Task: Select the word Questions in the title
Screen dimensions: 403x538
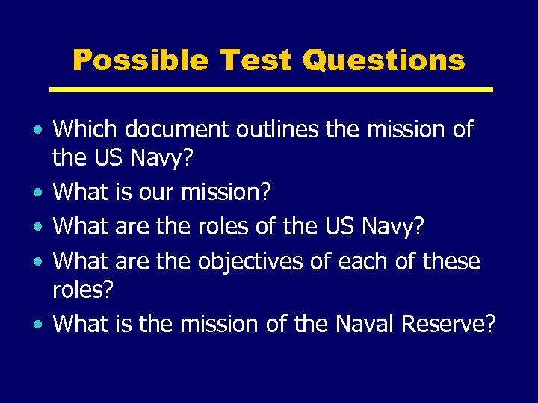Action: [383, 61]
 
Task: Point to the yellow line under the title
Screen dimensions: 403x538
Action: [271, 90]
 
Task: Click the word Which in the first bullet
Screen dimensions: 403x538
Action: [85, 129]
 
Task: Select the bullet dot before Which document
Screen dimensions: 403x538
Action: [37, 131]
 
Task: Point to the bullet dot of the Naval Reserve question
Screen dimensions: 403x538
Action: [37, 325]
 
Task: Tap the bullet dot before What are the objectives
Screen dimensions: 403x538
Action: [37, 263]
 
